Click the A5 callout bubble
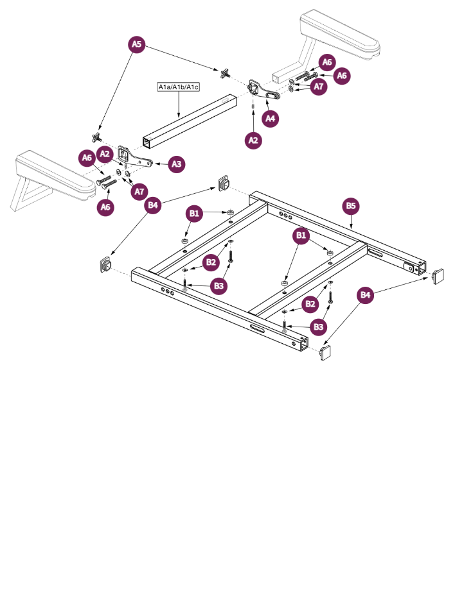[136, 44]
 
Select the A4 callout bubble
[271, 119]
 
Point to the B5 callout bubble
[351, 206]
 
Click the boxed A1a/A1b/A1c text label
[178, 87]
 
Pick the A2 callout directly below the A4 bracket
[253, 140]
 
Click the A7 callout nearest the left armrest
[138, 191]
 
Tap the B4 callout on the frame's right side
[365, 294]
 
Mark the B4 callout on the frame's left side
[152, 205]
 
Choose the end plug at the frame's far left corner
[105, 265]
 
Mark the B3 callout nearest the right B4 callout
[318, 327]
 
